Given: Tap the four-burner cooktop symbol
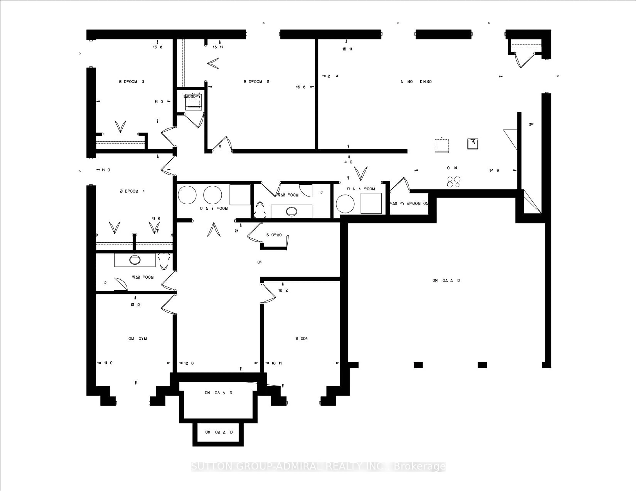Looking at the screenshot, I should coord(454,182).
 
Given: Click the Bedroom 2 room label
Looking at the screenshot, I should coord(132,82).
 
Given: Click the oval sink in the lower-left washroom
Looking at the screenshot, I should coord(134,260).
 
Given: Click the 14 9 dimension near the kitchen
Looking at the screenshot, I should coord(494,171).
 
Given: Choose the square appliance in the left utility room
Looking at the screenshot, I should coord(240,194).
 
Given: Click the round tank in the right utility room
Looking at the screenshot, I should coord(345,204).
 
